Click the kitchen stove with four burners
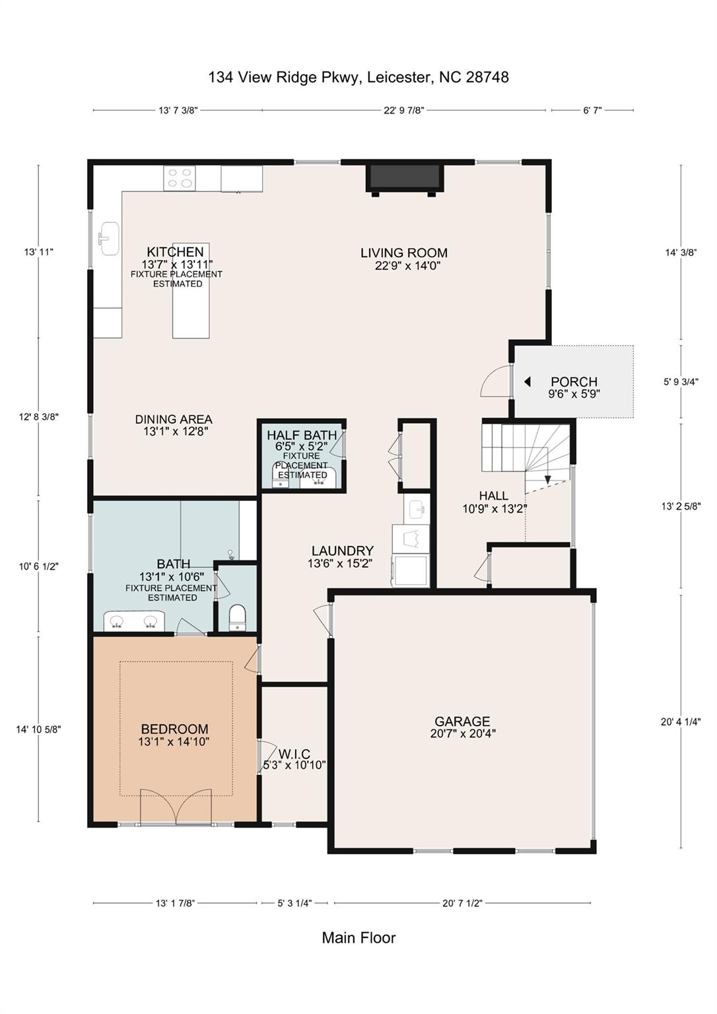(180, 178)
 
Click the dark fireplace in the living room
(405, 177)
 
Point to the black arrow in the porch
(527, 382)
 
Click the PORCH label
(574, 382)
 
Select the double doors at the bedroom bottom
(176, 807)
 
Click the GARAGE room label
(462, 722)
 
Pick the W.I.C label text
(294, 754)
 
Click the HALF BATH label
(302, 435)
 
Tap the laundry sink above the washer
(417, 509)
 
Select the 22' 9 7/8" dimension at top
(403, 111)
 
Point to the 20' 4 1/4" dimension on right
(681, 722)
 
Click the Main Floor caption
(358, 937)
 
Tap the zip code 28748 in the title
(487, 77)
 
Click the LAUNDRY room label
(342, 551)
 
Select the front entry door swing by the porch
(496, 382)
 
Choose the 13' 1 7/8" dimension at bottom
(175, 903)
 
